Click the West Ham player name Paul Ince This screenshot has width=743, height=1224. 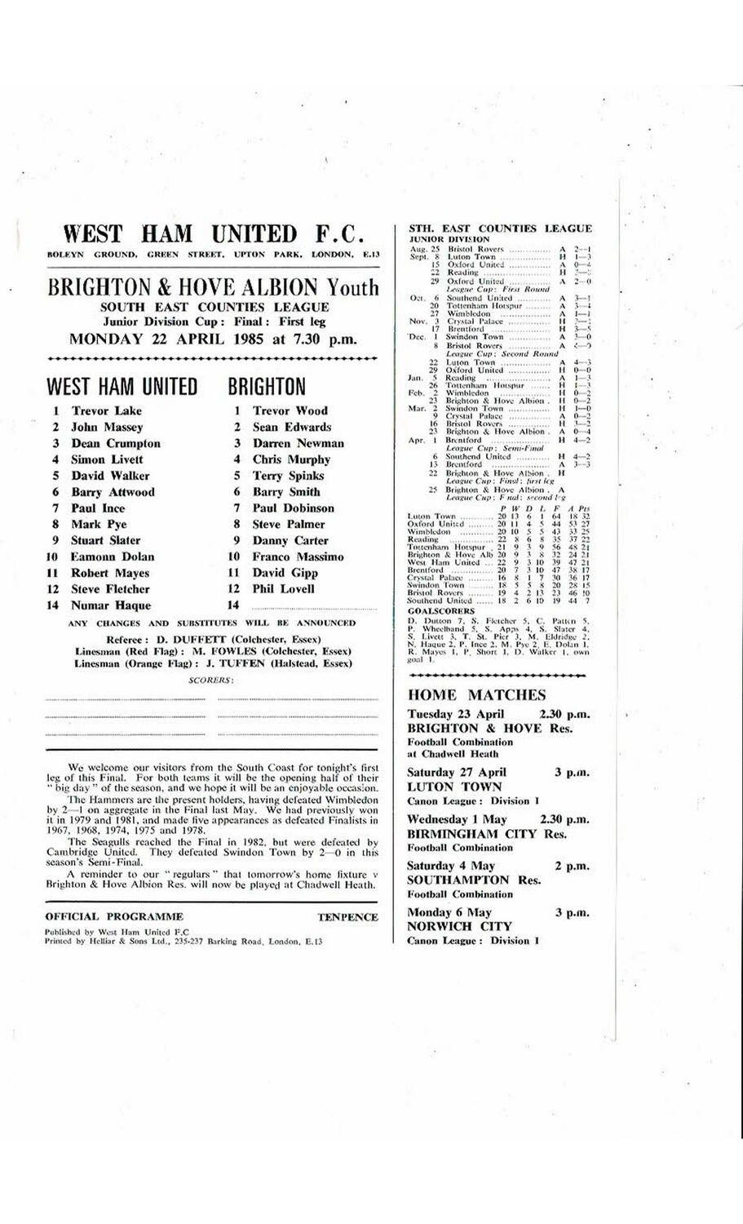pyautogui.click(x=98, y=508)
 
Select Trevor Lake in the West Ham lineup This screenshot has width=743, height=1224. pyautogui.click(x=106, y=410)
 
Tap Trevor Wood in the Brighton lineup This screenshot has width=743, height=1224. pyautogui.click(x=290, y=410)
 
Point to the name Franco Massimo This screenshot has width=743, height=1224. pyautogui.click(x=298, y=557)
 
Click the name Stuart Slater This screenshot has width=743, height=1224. pyautogui.click(x=105, y=540)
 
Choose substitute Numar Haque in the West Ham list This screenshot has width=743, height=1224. pyautogui.click(x=111, y=605)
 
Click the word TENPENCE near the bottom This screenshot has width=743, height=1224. pyautogui.click(x=347, y=916)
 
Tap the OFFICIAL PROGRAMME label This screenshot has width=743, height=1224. pyautogui.click(x=114, y=916)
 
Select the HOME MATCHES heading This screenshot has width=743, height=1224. pyautogui.click(x=476, y=695)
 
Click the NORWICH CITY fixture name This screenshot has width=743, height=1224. pyautogui.click(x=459, y=926)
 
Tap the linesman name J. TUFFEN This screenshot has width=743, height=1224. pyautogui.click(x=221, y=663)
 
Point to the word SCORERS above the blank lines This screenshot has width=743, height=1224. pyautogui.click(x=210, y=680)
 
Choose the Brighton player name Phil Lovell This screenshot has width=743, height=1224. pyautogui.click(x=283, y=589)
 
